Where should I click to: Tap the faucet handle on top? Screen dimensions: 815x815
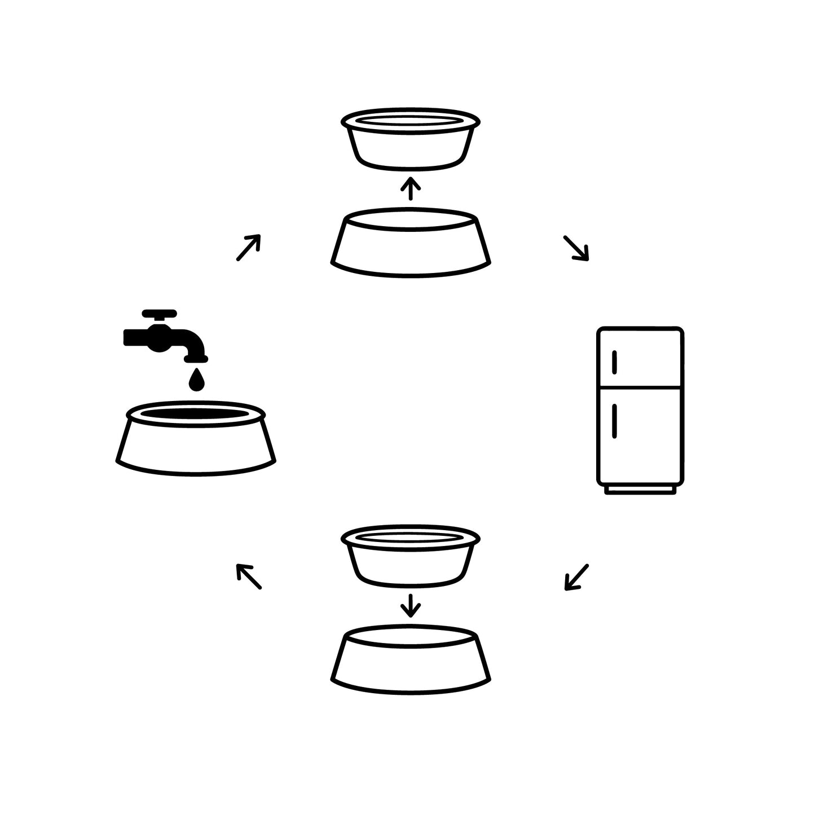[x=160, y=314]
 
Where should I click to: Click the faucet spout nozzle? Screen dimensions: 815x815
[x=197, y=356]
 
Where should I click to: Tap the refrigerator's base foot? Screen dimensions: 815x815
[x=640, y=490]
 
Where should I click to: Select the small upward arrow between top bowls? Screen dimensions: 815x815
[x=411, y=188]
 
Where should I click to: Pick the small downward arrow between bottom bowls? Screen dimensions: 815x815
[x=411, y=605]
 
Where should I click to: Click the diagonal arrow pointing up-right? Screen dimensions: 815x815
[x=248, y=248]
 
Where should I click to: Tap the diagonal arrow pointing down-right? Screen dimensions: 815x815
[x=576, y=248]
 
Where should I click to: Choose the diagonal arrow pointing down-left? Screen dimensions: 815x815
[x=576, y=577]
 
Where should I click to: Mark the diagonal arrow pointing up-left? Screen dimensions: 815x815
[x=248, y=576]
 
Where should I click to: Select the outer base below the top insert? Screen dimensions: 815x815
[x=411, y=248]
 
